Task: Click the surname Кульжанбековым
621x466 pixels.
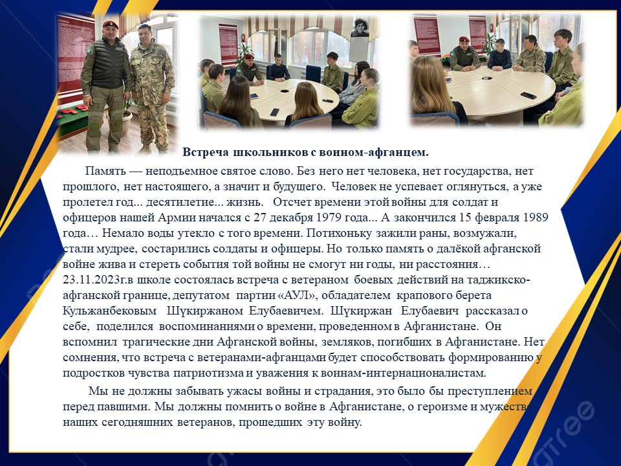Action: pyautogui.click(x=110, y=311)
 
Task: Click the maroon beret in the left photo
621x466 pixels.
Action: pyautogui.click(x=110, y=25)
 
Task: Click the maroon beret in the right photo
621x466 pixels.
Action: pyautogui.click(x=464, y=39)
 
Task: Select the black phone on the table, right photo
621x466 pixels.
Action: pyautogui.click(x=528, y=96)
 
